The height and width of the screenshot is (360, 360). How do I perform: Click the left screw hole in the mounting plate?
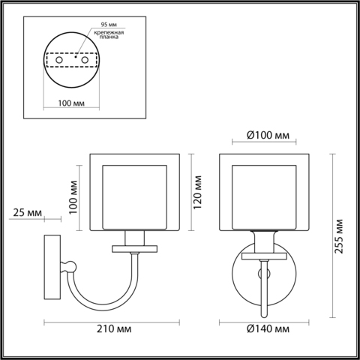coord(55,58)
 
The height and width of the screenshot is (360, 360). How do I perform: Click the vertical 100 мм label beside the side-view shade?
coord(73,197)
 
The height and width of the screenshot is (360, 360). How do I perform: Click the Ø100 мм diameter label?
coord(268,136)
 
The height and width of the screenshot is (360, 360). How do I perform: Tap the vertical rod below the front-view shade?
coord(263,292)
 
